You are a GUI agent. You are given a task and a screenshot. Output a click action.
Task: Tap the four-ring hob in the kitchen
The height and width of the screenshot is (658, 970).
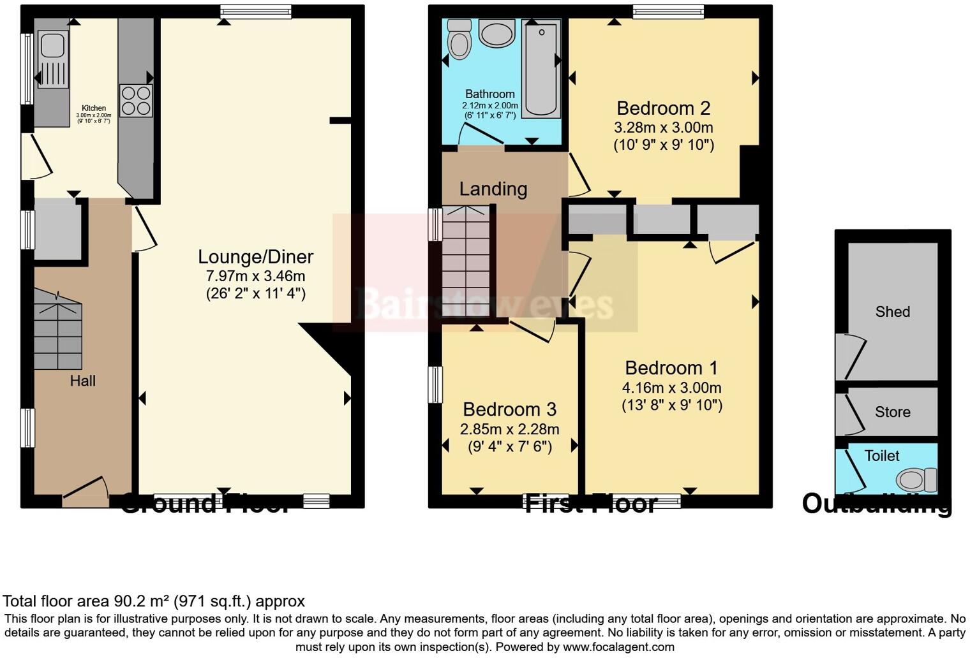coord(136,101)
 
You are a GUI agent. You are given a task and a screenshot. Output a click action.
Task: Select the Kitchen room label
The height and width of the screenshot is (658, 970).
coord(94,108)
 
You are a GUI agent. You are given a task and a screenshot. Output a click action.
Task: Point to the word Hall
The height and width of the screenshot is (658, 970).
coord(83,381)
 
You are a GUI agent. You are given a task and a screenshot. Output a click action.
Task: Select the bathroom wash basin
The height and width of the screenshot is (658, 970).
coord(496,33)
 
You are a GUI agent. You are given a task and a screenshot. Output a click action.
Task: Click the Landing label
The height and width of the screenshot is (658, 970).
coord(493,189)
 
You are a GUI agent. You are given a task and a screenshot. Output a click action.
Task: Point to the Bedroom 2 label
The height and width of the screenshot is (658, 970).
coord(663,108)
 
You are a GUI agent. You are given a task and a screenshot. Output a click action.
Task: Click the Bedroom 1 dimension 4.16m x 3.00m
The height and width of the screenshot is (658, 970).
coord(671,388)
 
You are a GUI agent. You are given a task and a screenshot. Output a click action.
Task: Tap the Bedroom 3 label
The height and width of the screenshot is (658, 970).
coord(509,409)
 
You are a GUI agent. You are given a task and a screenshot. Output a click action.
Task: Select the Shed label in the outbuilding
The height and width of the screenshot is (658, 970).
coord(892,312)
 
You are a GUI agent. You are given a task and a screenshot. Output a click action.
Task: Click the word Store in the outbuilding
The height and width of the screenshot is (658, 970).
coord(892,412)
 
